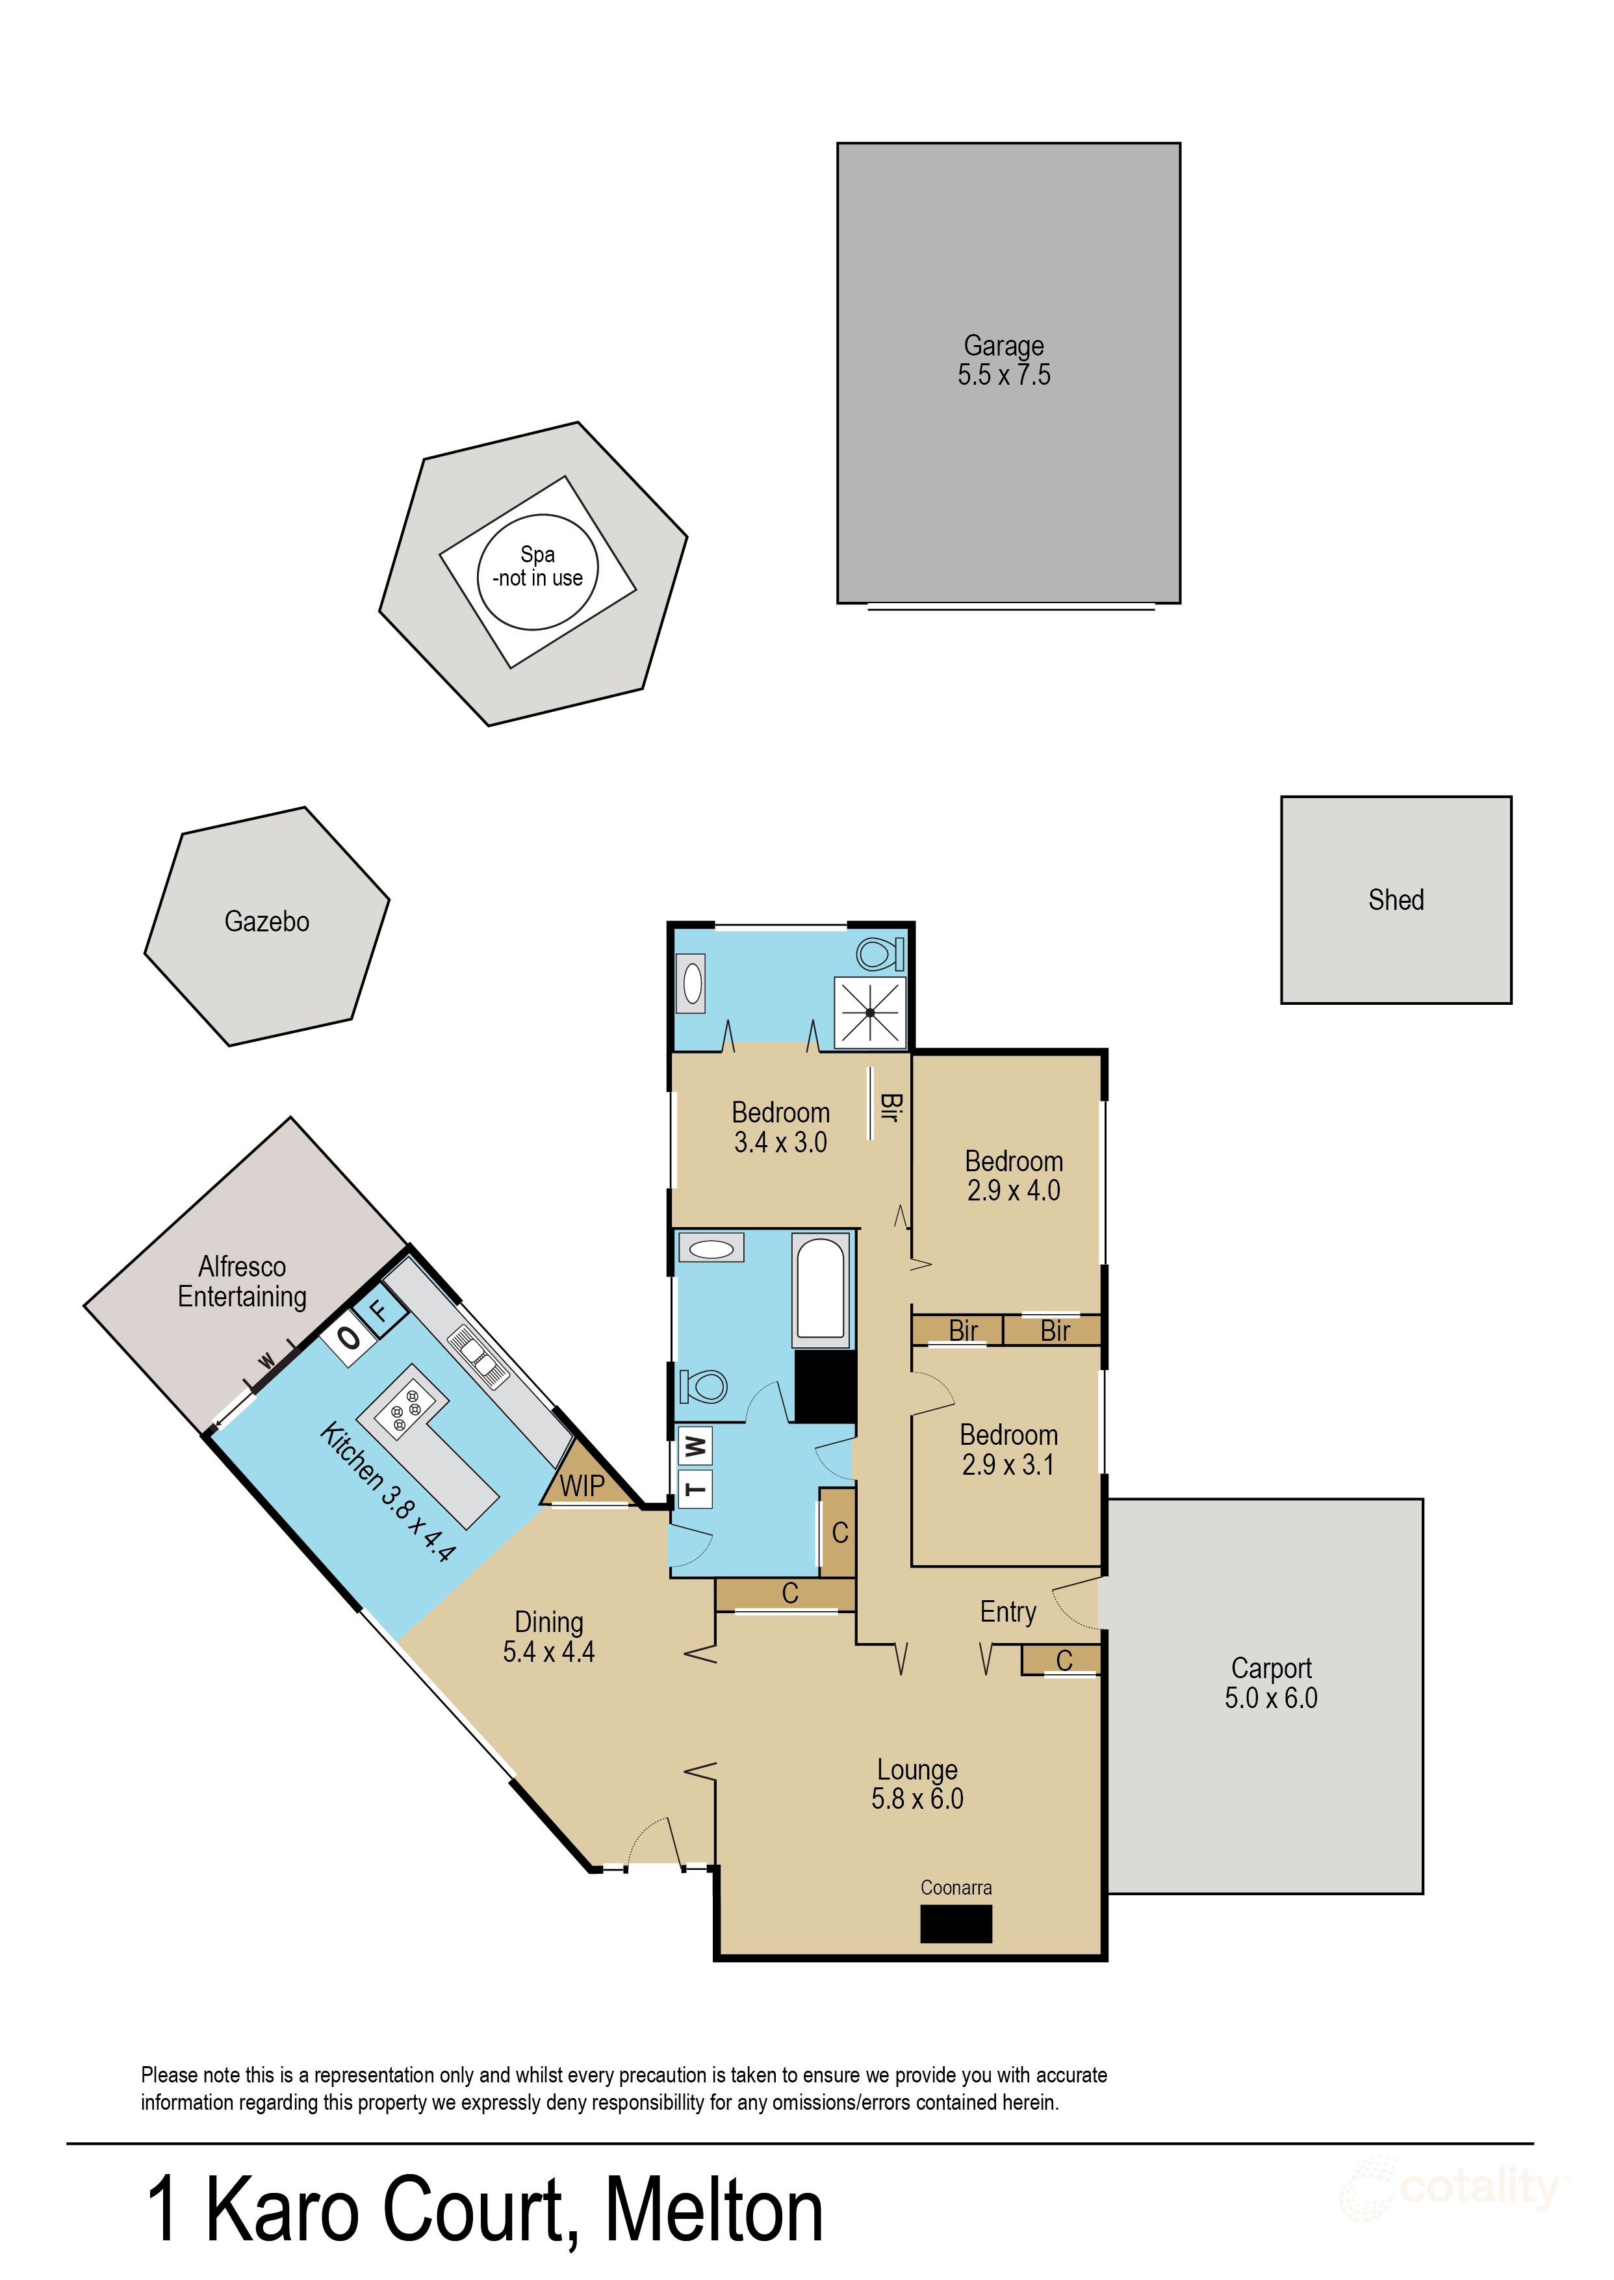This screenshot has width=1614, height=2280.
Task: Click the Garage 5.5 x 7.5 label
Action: (x=1004, y=361)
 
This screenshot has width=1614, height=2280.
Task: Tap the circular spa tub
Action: (x=537, y=571)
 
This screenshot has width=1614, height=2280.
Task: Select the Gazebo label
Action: (x=266, y=922)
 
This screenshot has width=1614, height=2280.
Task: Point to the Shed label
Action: (x=1395, y=900)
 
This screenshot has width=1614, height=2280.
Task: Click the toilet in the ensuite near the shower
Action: (x=878, y=954)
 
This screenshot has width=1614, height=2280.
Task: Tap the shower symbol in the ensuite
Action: (x=869, y=1013)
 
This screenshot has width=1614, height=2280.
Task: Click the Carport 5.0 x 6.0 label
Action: (x=1270, y=1683)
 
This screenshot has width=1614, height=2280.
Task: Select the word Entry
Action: (x=1008, y=1612)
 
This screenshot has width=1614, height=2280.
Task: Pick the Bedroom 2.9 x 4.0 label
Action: (x=1014, y=1176)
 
